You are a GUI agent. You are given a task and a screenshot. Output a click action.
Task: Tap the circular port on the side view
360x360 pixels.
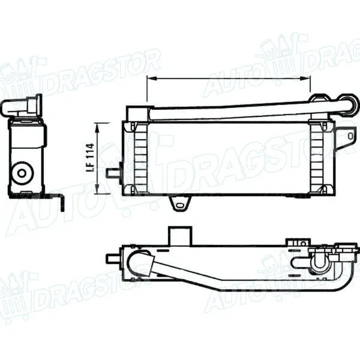[22, 173]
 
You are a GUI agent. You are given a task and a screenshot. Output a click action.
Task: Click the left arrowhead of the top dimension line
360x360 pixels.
[149, 79]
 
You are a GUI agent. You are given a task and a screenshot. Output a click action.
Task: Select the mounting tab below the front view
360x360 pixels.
[178, 204]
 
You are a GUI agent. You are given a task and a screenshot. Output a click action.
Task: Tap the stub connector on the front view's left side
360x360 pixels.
[112, 173]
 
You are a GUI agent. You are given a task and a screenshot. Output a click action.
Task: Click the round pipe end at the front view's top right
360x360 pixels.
[347, 101]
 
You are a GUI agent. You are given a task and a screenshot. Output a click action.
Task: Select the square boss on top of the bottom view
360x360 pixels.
[178, 235]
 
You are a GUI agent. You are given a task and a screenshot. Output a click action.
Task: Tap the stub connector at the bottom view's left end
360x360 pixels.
[112, 259]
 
